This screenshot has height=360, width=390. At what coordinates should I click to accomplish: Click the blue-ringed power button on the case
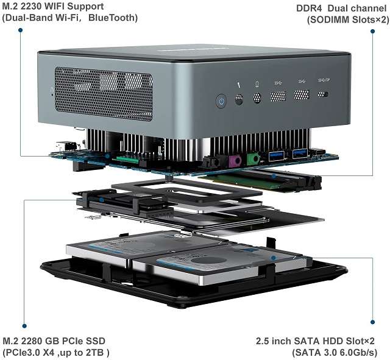pyautogui.click(x=221, y=101)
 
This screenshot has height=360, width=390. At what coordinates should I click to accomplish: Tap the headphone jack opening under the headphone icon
pyautogui.click(x=257, y=98)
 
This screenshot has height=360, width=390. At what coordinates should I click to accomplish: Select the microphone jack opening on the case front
pyautogui.click(x=239, y=99)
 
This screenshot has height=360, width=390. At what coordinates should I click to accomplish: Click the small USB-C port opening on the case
pyautogui.click(x=323, y=94)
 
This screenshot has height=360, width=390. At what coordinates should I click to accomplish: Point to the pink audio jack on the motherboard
pyautogui.click(x=235, y=161)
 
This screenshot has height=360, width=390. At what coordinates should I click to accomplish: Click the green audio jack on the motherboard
pyautogui.click(x=253, y=158)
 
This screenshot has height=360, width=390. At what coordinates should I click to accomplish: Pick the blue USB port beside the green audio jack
pyautogui.click(x=276, y=156)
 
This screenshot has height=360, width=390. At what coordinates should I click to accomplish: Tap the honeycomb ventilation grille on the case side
pyautogui.click(x=104, y=94)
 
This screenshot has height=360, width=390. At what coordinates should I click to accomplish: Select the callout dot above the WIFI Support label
pyautogui.click(x=20, y=30)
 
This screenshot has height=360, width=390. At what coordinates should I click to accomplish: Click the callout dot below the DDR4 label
pyautogui.click(x=372, y=31)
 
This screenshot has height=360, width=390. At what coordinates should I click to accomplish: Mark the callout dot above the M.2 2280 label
pyautogui.click(x=24, y=326)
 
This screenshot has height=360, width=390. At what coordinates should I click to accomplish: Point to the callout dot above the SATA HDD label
pyautogui.click(x=372, y=322)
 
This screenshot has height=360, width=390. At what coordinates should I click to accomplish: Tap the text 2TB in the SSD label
pyautogui.click(x=94, y=352)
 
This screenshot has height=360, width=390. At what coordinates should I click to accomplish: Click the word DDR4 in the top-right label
pyautogui.click(x=309, y=8)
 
